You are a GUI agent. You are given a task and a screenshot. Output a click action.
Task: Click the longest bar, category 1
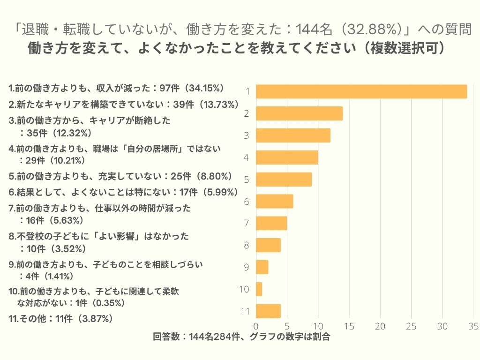click(x=361, y=91)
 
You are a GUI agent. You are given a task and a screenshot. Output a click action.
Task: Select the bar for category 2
click(x=300, y=113)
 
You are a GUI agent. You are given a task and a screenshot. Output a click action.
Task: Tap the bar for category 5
click(x=284, y=180)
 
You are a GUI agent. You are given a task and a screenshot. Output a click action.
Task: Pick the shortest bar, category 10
click(x=259, y=289)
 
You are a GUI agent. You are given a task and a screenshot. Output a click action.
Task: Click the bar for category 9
click(x=262, y=267)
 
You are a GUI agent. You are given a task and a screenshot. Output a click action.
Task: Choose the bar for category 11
click(x=269, y=311)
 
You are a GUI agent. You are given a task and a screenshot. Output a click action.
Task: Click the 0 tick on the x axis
click(x=256, y=326)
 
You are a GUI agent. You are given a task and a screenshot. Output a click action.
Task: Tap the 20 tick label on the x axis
click(x=380, y=326)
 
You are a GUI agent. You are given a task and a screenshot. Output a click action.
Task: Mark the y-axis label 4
click(x=246, y=157)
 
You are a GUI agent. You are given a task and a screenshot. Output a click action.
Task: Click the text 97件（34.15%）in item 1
click(x=192, y=88)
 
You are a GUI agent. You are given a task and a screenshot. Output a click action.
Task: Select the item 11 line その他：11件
click(x=61, y=319)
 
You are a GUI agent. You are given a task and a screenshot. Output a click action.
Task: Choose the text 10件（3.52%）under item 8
click(x=52, y=248)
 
